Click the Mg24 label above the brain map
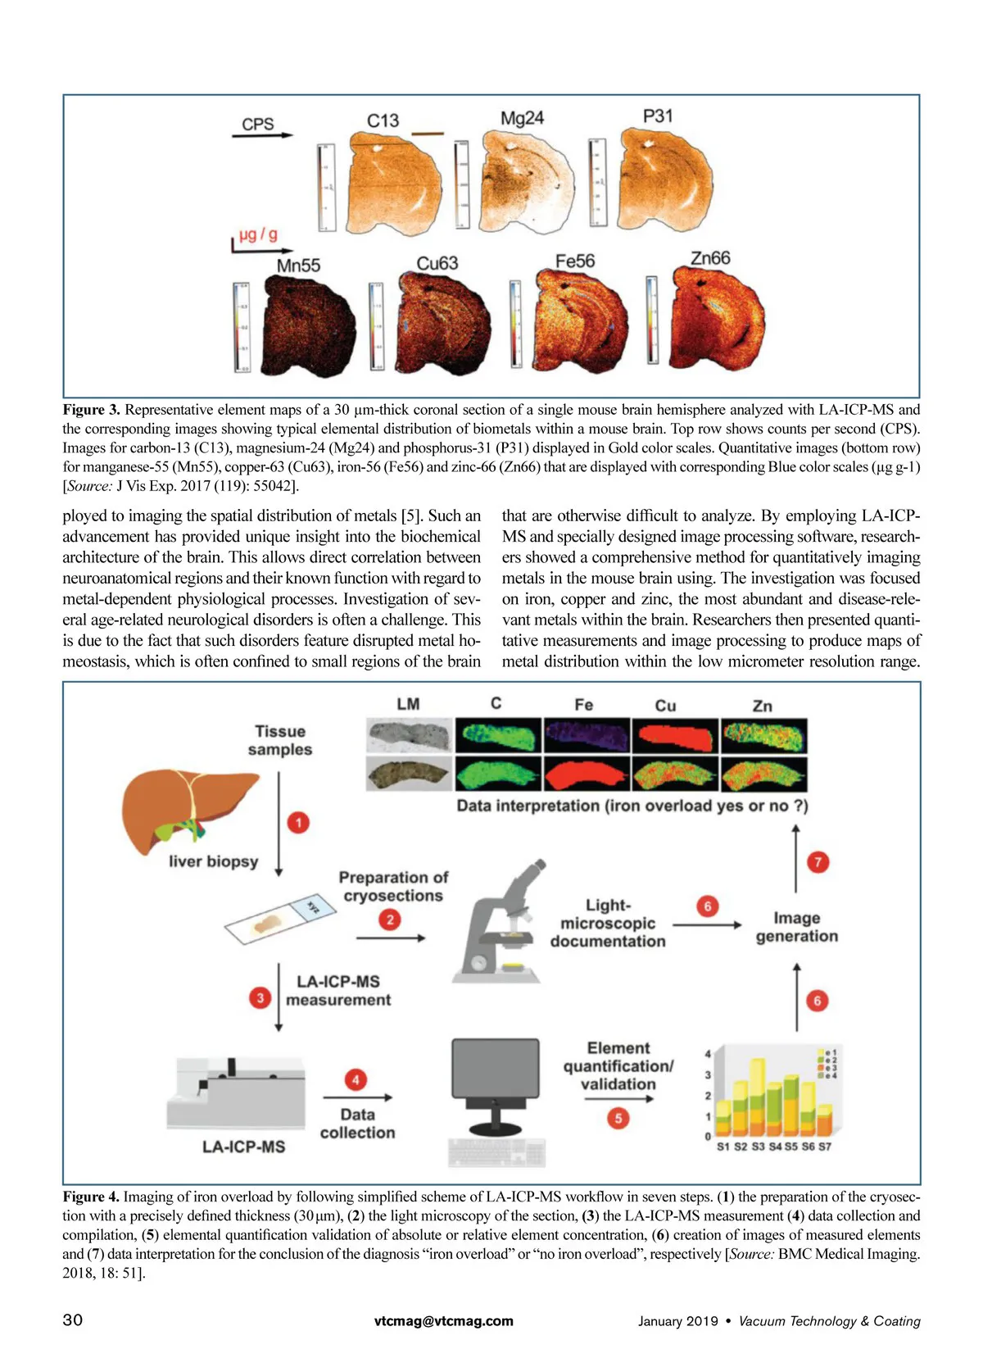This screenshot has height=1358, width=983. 522,118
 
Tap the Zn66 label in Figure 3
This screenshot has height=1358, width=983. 709,258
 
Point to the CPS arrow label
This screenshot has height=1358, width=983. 258,124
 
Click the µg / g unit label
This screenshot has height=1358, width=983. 258,235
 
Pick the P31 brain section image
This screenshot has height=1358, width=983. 665,182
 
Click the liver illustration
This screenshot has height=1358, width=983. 189,811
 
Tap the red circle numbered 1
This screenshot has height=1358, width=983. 298,822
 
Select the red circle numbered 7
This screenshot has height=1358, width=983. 818,861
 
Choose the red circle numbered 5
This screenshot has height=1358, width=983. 618,1118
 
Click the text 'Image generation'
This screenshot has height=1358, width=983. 796,927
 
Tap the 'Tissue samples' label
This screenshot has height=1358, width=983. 280,740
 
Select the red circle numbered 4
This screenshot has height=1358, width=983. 356,1080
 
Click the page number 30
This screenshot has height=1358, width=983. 73,1319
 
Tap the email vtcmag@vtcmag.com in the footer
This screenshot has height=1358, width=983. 443,1320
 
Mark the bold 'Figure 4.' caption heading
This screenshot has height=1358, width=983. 91,1197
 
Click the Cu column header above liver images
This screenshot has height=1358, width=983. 665,706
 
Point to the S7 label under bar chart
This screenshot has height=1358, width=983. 824,1147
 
